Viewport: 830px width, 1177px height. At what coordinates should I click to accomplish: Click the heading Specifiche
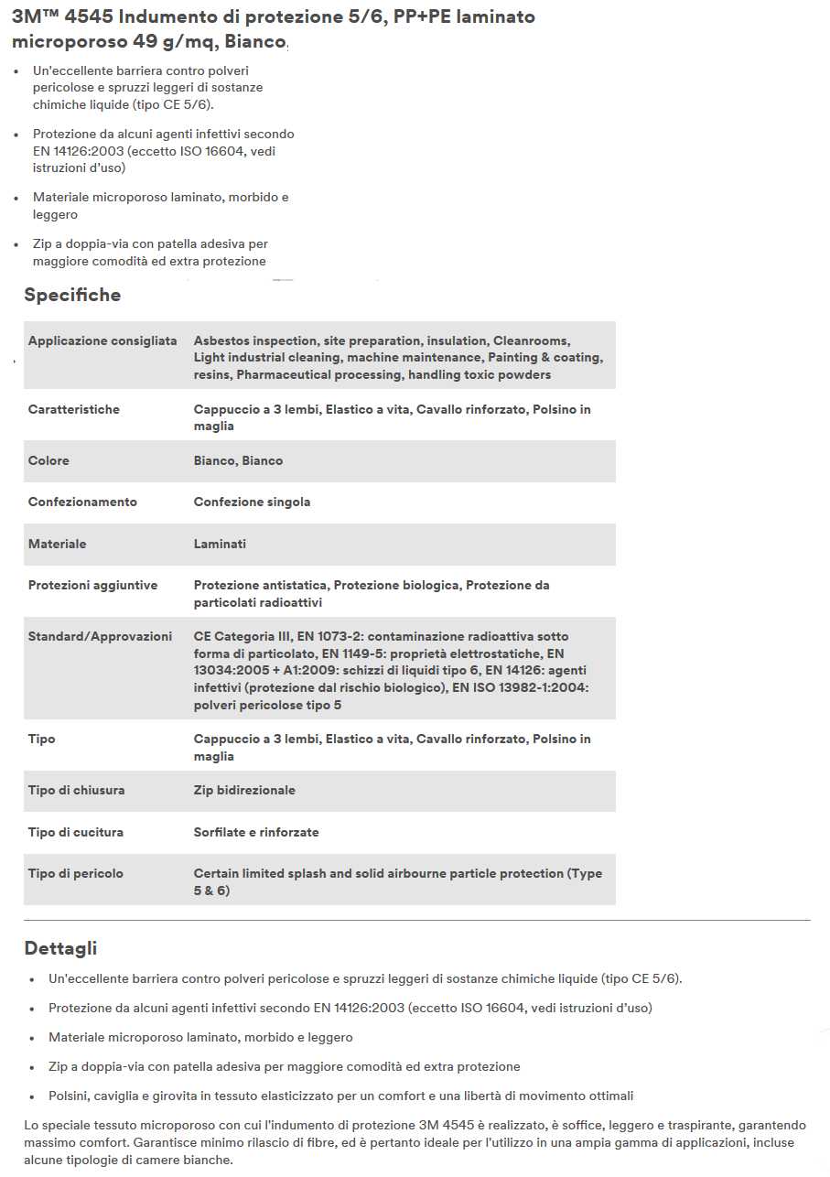72,295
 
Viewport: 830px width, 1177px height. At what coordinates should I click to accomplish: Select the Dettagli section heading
60,948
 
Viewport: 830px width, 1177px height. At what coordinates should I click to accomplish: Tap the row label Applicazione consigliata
102,340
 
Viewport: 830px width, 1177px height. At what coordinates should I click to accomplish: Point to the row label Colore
49,460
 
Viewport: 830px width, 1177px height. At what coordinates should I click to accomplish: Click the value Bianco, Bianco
238,460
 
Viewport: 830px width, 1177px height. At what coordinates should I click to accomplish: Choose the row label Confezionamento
82,502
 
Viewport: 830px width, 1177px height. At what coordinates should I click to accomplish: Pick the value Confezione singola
252,502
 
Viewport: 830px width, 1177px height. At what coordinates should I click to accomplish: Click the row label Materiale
57,544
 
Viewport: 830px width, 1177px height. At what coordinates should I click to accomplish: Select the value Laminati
220,544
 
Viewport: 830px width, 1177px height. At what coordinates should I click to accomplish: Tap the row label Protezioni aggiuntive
92,585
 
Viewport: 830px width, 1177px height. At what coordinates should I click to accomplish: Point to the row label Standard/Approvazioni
100,636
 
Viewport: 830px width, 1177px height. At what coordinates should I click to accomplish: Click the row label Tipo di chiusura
76,790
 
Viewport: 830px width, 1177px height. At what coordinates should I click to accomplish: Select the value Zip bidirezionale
244,790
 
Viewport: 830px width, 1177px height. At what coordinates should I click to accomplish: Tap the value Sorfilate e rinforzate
256,832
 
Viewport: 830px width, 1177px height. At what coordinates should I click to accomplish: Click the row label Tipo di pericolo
75,873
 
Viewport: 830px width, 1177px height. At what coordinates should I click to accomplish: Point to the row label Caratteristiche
73,409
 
